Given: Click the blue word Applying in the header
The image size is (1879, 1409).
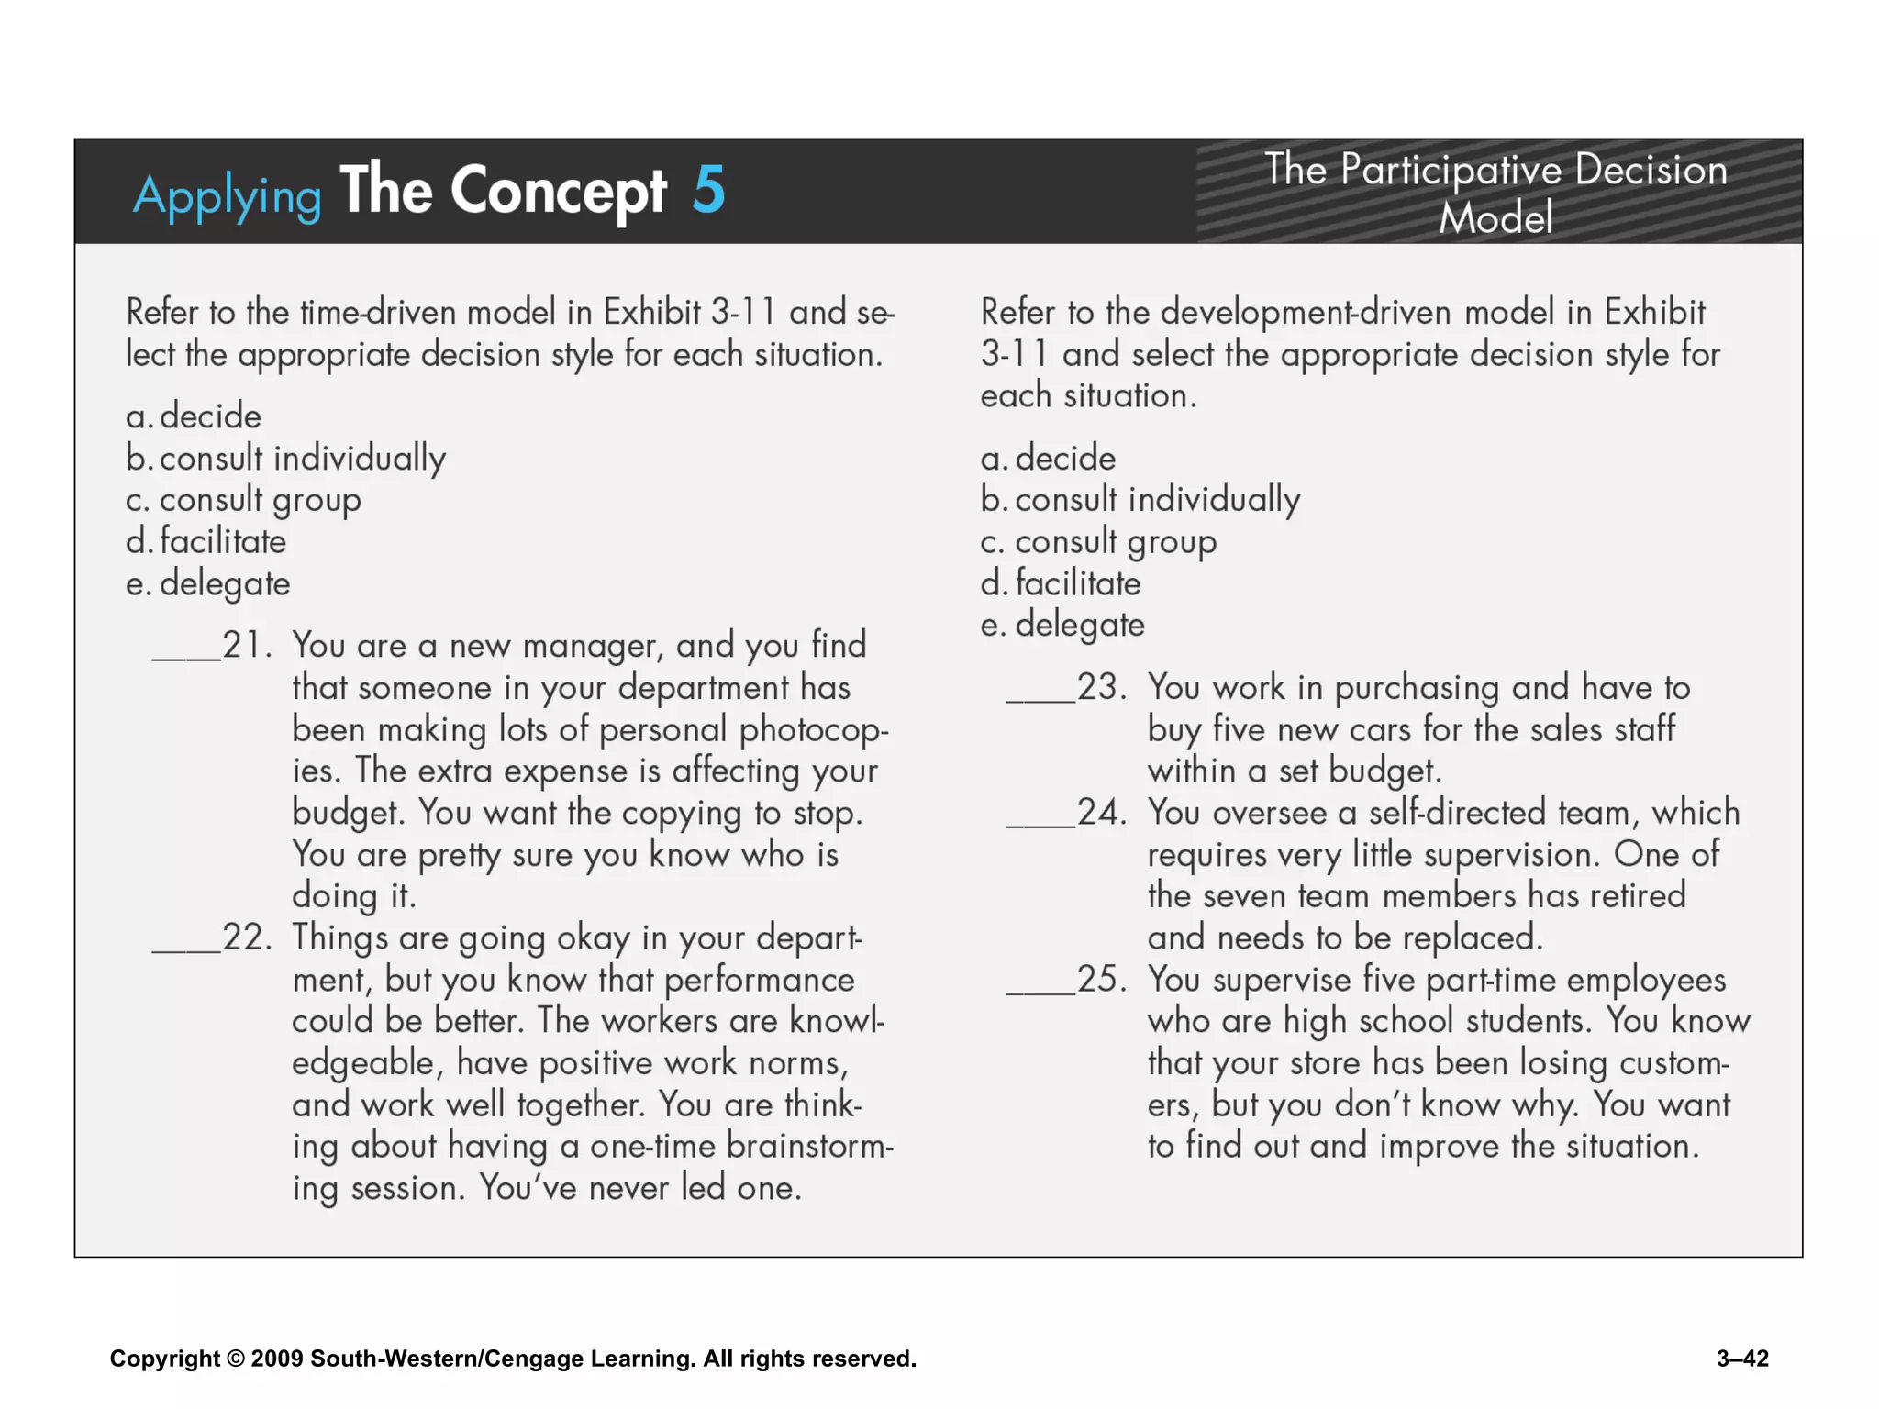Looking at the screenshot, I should tap(227, 195).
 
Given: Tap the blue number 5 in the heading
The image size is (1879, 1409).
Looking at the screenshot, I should tap(708, 190).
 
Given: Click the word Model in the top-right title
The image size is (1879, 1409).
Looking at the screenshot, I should tap(1495, 218).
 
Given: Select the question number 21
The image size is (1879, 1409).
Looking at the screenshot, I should tap(247, 645).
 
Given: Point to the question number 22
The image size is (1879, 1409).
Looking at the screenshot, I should tap(247, 937).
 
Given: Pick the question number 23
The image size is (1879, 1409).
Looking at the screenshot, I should tap(1101, 687).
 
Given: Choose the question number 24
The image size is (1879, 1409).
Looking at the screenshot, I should tap(1101, 812).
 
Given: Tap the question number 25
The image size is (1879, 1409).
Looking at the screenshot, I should tap(1101, 979).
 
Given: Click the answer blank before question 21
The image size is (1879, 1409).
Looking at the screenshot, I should tap(186, 656).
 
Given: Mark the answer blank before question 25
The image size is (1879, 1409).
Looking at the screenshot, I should tap(1040, 991).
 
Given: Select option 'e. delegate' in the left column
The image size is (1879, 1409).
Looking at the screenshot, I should tap(208, 583).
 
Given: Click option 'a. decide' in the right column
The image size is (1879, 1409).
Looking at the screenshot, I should tap(1048, 458).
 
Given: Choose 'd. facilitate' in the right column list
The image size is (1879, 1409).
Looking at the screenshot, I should tap(1061, 583).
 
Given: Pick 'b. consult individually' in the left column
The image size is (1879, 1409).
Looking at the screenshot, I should tap(286, 458).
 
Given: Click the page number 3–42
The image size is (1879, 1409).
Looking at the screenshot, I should tap(1742, 1359).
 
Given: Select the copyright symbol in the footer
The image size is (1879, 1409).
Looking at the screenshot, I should tap(236, 1359).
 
